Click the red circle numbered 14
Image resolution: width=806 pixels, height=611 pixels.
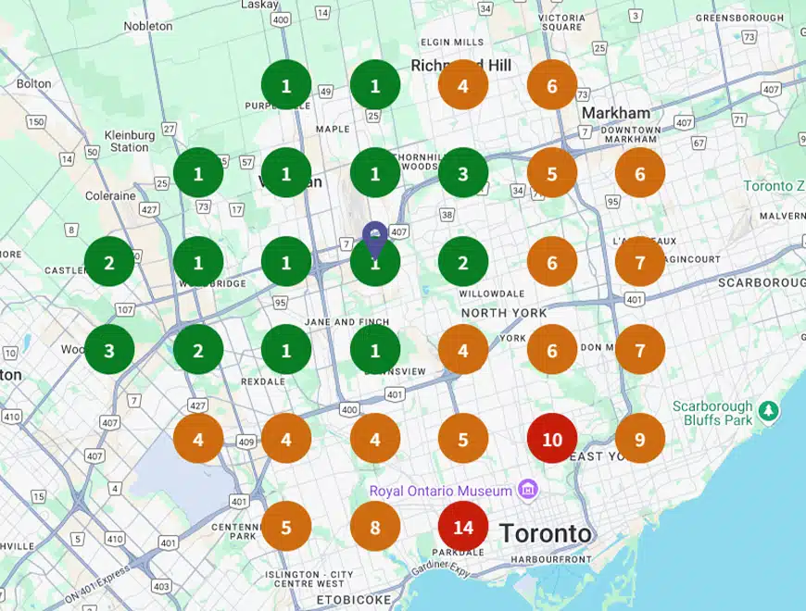click(463, 528)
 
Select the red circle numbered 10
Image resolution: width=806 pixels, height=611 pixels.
click(552, 439)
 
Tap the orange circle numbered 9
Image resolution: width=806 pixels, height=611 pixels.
click(640, 439)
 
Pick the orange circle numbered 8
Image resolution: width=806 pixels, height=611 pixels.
click(375, 528)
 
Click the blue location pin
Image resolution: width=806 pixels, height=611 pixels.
click(374, 239)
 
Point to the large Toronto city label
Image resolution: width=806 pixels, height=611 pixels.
click(545, 533)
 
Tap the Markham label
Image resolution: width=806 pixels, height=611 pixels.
click(616, 113)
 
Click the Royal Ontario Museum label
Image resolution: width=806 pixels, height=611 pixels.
click(441, 491)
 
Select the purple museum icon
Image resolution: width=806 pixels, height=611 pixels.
click(527, 488)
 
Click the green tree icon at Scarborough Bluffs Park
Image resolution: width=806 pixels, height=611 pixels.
click(767, 408)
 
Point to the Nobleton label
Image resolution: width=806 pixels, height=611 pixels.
click(148, 26)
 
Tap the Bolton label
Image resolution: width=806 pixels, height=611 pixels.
click(33, 83)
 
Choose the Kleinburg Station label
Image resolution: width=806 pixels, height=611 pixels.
click(129, 141)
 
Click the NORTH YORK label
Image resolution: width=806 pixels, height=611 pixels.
click(504, 313)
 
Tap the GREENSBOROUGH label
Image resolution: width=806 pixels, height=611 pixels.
click(739, 18)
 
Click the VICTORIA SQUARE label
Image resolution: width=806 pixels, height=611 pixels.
click(561, 22)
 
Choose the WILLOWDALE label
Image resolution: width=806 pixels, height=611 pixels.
click(485, 294)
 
